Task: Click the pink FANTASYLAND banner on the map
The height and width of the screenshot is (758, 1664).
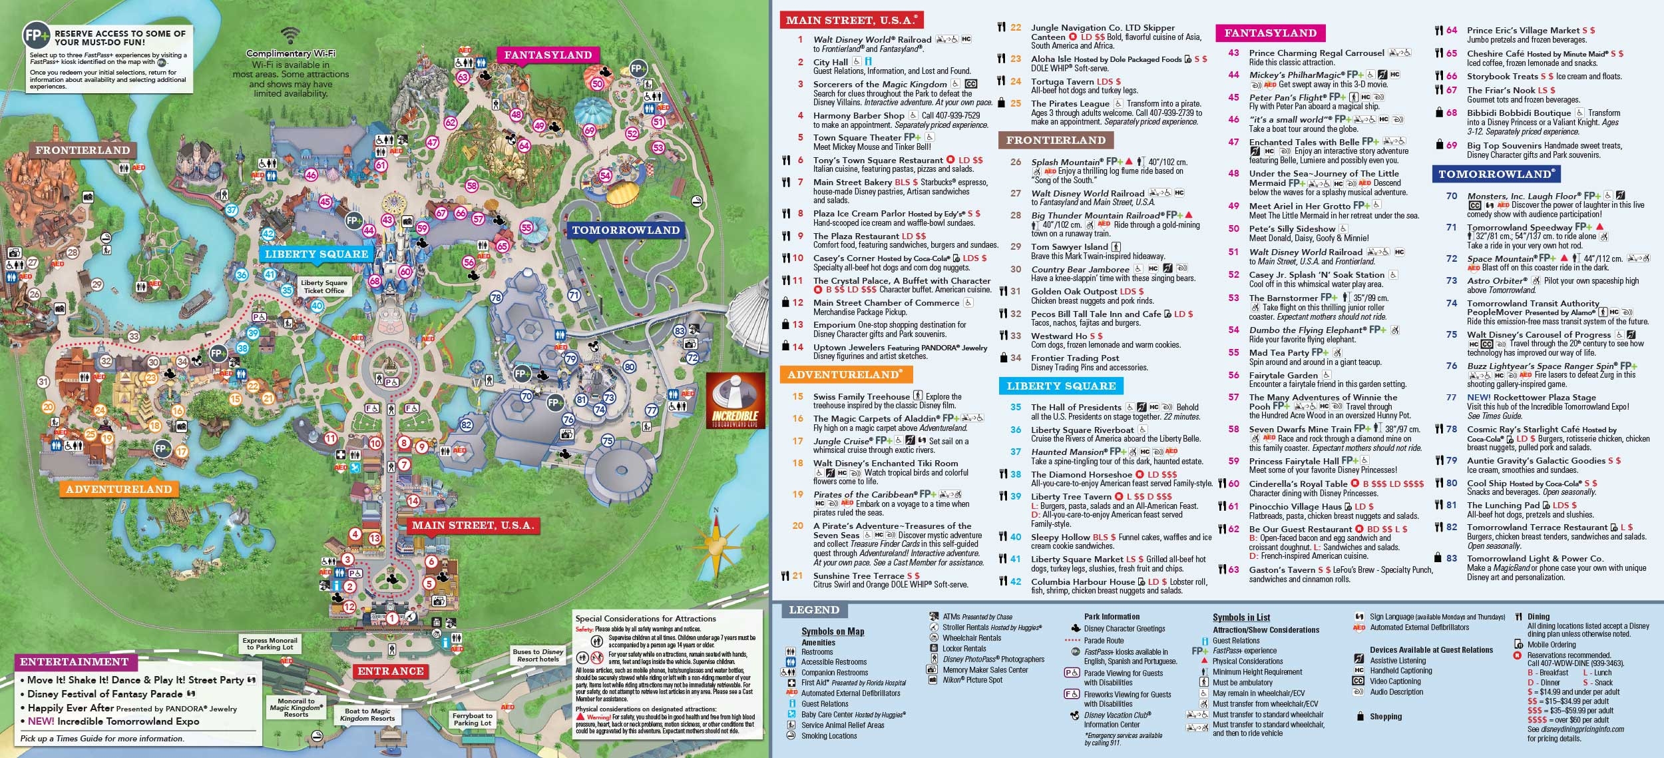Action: (x=548, y=55)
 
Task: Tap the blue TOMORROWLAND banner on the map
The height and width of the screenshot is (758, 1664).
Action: (x=625, y=230)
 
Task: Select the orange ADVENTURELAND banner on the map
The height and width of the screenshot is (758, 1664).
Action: (x=119, y=490)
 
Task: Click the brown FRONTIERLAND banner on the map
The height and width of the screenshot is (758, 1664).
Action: (x=83, y=151)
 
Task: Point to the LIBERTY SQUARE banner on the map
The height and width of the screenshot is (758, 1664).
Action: (x=316, y=254)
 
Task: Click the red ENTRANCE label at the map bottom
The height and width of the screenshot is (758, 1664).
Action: (x=390, y=671)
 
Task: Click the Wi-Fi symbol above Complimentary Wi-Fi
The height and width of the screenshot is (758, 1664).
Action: (x=290, y=35)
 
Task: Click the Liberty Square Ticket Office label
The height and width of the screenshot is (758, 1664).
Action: (x=323, y=286)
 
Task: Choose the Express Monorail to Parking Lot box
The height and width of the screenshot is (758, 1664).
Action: (x=270, y=643)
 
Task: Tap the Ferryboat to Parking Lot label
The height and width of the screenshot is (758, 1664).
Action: (x=472, y=719)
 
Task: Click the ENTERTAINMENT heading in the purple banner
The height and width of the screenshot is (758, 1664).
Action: (x=75, y=662)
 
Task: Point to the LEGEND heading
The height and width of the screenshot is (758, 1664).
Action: (x=813, y=610)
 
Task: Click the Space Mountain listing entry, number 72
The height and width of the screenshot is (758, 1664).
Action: (x=1501, y=258)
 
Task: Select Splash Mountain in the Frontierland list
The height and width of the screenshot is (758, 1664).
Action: (x=1066, y=162)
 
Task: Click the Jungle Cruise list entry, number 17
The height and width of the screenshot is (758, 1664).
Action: (x=841, y=441)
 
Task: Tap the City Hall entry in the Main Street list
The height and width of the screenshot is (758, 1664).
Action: (x=831, y=62)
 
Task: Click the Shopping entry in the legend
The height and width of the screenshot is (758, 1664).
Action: (x=1385, y=717)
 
